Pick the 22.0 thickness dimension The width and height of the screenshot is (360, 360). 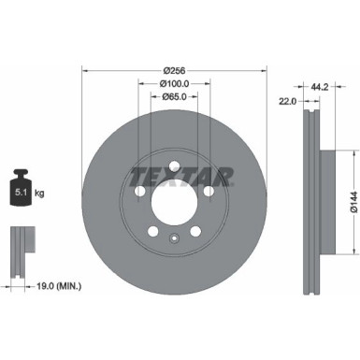pyautogui.click(x=288, y=100)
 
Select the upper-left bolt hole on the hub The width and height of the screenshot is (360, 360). pyautogui.click(x=139, y=191)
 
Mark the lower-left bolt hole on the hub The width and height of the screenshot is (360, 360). pyautogui.click(x=152, y=230)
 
